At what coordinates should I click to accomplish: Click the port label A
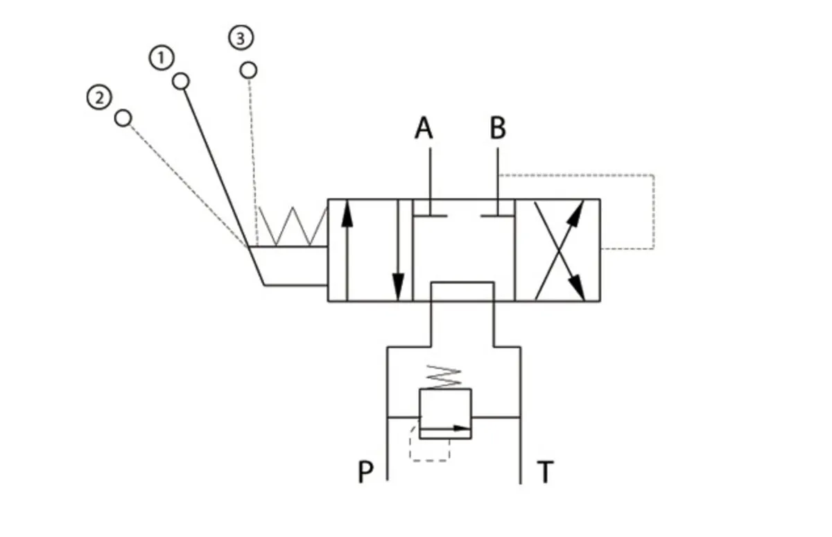(424, 128)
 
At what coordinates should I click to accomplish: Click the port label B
(498, 128)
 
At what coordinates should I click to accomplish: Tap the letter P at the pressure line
(365, 472)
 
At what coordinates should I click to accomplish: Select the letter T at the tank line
(545, 472)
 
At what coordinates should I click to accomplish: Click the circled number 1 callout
(162, 58)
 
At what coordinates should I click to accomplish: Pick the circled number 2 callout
(99, 98)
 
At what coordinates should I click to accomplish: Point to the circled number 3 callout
(241, 38)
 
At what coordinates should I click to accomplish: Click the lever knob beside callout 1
(181, 81)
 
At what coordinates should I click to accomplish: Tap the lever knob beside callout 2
(123, 118)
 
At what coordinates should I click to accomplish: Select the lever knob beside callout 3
(248, 70)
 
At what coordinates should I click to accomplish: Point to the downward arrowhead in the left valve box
(398, 287)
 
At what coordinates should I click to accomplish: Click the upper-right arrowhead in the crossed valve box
(576, 214)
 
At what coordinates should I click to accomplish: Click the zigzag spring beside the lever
(293, 226)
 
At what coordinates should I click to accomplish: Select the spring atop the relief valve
(444, 377)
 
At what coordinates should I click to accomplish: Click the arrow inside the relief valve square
(445, 428)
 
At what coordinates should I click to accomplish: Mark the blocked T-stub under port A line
(430, 215)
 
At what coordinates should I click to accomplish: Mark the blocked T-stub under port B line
(498, 215)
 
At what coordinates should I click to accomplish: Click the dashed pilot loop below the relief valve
(430, 461)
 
